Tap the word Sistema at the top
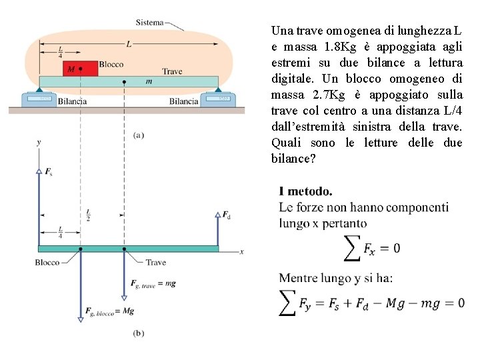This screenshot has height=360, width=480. coord(149,23)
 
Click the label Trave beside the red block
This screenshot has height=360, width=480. coord(172,71)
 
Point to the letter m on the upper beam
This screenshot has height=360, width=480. coord(148,81)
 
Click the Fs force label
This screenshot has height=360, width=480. coord(48,172)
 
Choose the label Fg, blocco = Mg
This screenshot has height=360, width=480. coord(109,311)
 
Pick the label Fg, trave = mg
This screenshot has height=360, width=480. coord(153,283)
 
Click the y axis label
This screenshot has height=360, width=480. coord(39,142)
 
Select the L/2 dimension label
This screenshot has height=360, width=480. coord(89,215)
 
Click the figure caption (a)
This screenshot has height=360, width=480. coord(139,135)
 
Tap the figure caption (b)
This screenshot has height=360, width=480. coord(139,333)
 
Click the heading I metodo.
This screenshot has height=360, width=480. coord(305,191)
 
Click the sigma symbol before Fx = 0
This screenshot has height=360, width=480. coord(351,248)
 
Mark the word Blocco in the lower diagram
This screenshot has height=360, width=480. coord(47,263)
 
